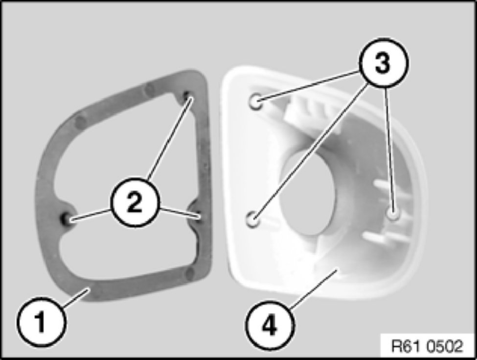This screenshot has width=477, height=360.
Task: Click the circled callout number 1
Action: [x=41, y=323]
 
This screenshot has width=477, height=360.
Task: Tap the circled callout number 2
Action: [x=135, y=202]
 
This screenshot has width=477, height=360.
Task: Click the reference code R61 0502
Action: [x=427, y=346]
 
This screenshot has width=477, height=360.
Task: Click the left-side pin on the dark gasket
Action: [x=66, y=218]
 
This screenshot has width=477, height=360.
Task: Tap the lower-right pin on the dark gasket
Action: [x=197, y=216]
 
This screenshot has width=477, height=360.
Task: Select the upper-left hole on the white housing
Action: [x=255, y=102]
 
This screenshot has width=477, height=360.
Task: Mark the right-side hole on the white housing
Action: [x=394, y=214]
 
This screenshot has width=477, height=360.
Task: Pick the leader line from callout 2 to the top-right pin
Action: [x=169, y=138]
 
